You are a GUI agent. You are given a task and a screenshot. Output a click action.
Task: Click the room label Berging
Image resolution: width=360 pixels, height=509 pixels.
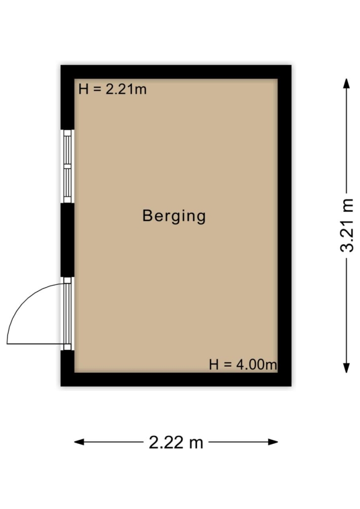point(174,216)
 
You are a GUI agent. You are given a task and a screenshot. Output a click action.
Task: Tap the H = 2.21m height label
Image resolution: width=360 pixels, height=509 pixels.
point(113,89)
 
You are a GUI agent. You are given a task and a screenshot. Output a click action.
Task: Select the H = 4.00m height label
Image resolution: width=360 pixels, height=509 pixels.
point(243,365)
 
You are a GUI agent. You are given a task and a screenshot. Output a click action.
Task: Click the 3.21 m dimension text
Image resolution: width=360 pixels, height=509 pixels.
point(347,225)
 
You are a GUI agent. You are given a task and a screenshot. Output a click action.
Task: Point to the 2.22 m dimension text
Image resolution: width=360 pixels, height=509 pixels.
point(176,442)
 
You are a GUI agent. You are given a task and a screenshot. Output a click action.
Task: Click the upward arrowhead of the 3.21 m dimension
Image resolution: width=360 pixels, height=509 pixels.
point(347,83)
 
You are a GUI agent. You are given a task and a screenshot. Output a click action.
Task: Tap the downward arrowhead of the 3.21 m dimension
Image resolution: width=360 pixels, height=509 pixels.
point(347,368)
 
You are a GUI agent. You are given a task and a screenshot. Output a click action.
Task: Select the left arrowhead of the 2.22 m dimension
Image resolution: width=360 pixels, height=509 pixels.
point(79,442)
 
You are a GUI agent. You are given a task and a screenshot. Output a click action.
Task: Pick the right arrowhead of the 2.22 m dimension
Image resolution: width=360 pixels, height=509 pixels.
point(273,442)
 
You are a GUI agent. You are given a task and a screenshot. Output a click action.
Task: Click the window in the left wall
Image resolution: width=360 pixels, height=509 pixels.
point(67,166)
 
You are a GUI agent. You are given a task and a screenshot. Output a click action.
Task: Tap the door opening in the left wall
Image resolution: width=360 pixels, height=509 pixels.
point(67,314)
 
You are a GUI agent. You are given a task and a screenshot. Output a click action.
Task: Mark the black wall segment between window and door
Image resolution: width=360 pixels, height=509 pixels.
point(68,240)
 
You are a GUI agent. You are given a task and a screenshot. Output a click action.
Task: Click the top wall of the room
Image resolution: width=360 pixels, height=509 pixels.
point(176,72)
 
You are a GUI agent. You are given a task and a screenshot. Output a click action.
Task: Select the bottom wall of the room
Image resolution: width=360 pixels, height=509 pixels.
point(176,379)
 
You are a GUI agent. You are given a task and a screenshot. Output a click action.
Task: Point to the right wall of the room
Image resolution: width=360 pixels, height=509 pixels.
point(285,226)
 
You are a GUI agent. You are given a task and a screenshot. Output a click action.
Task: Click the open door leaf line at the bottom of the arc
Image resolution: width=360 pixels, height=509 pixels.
point(36,343)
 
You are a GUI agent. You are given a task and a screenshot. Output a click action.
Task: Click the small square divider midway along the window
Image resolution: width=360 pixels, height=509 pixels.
point(67,166)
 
